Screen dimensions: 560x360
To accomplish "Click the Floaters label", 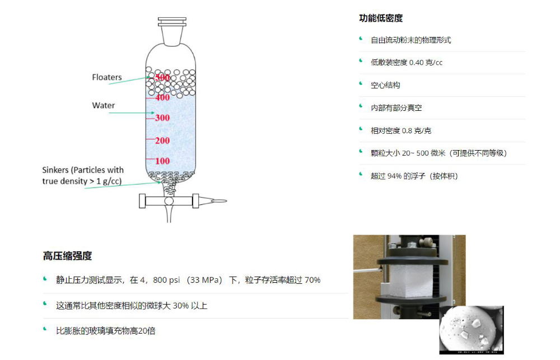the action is pyautogui.click(x=106, y=77).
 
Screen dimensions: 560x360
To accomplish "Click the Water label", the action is pyautogui.click(x=104, y=105).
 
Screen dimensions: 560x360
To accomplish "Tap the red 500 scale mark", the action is pyautogui.click(x=162, y=77).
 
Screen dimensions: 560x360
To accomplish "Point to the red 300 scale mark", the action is pyautogui.click(x=162, y=118).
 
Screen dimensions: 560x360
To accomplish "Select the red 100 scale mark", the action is pyautogui.click(x=162, y=161).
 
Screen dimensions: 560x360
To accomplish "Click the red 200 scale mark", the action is pyautogui.click(x=162, y=141).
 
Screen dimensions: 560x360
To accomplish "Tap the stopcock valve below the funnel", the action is pyautogui.click(x=170, y=200).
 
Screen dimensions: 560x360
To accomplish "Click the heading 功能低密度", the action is pyautogui.click(x=381, y=18).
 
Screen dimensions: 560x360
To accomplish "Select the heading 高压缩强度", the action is pyautogui.click(x=67, y=256).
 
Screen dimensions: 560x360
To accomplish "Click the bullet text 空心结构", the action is pyautogui.click(x=385, y=85).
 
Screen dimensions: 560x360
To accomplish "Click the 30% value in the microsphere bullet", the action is pyautogui.click(x=180, y=306).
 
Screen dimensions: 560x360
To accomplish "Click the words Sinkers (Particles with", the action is pyautogui.click(x=83, y=170).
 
